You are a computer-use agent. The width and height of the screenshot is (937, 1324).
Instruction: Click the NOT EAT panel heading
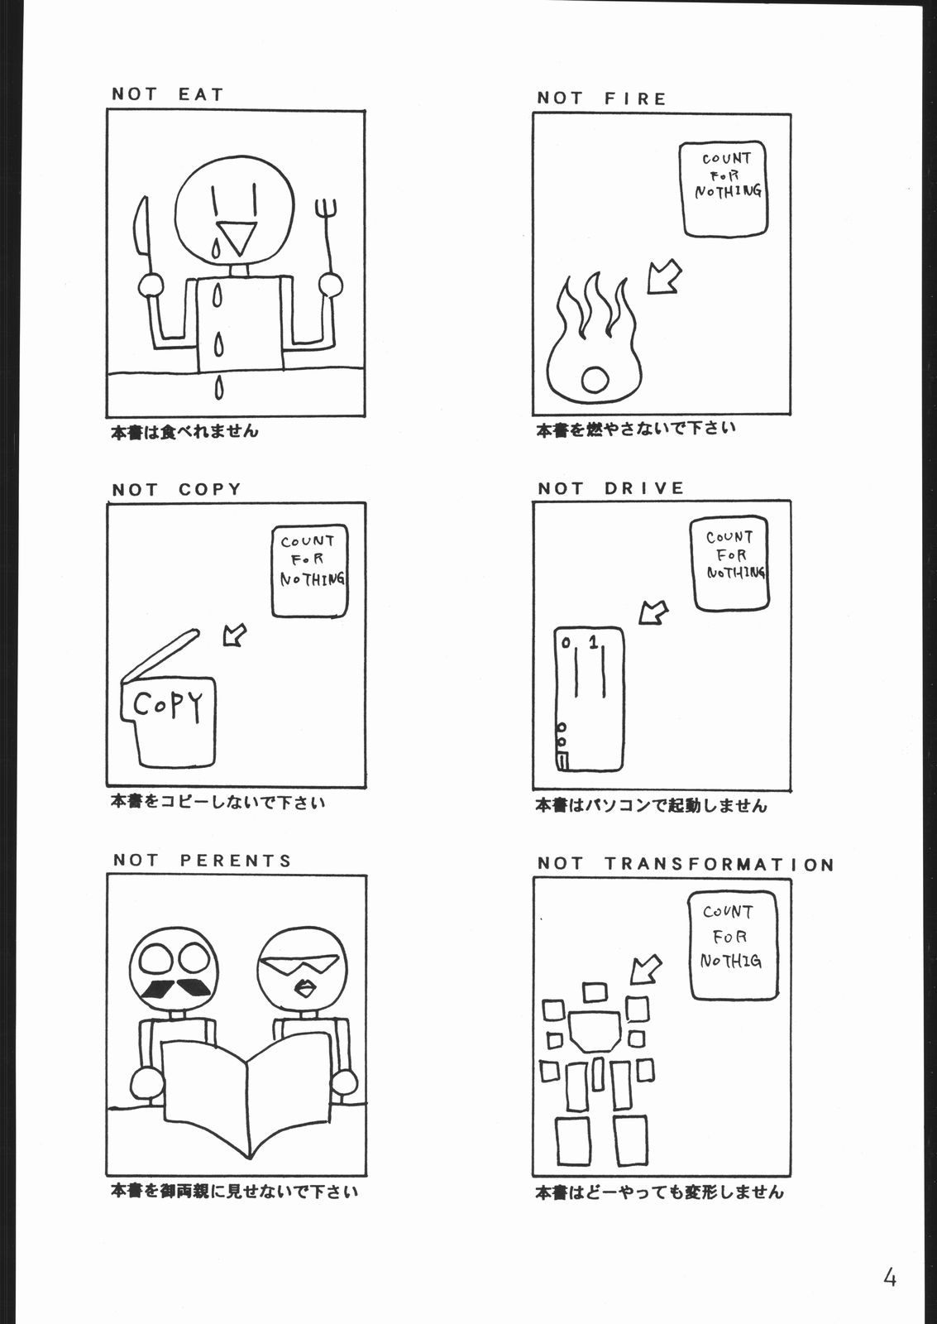coord(168,94)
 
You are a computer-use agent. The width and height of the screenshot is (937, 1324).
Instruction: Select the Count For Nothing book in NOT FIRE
coord(723,189)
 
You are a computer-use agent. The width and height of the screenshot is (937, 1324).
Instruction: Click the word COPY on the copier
coord(168,706)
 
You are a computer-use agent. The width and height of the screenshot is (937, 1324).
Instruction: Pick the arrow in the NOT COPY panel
coord(235,635)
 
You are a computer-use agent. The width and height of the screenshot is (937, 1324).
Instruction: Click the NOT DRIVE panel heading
coord(611,488)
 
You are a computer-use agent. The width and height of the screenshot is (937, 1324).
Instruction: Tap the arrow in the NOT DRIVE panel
coord(653,613)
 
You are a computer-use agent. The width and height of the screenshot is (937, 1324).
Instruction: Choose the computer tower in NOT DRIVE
coord(589,699)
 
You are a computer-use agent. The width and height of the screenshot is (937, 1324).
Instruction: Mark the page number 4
coord(890,1278)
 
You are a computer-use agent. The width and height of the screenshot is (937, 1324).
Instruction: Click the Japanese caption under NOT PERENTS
coord(234,1192)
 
